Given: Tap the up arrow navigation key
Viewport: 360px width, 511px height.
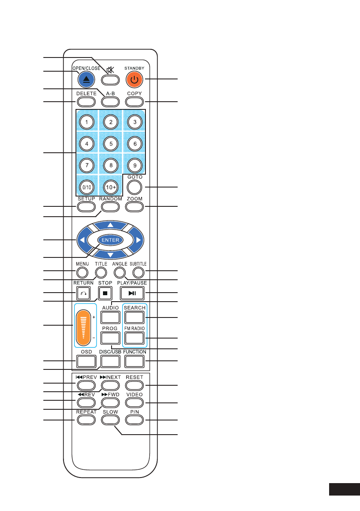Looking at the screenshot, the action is (x=111, y=225).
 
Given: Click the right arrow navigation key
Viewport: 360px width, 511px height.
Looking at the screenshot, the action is (x=138, y=240).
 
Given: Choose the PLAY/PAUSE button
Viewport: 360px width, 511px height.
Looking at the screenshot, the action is (x=135, y=294).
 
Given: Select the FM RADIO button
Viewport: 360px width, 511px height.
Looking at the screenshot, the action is (x=135, y=338).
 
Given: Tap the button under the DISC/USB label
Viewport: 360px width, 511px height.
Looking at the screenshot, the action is (x=111, y=361).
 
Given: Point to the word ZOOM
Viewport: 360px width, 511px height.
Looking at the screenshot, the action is (x=135, y=199).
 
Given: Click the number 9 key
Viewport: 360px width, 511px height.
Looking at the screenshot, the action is (x=135, y=166).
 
